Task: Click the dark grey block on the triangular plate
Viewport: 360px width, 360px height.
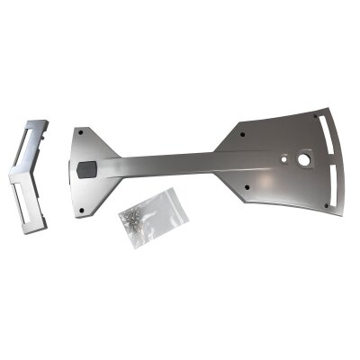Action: coord(86,167)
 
